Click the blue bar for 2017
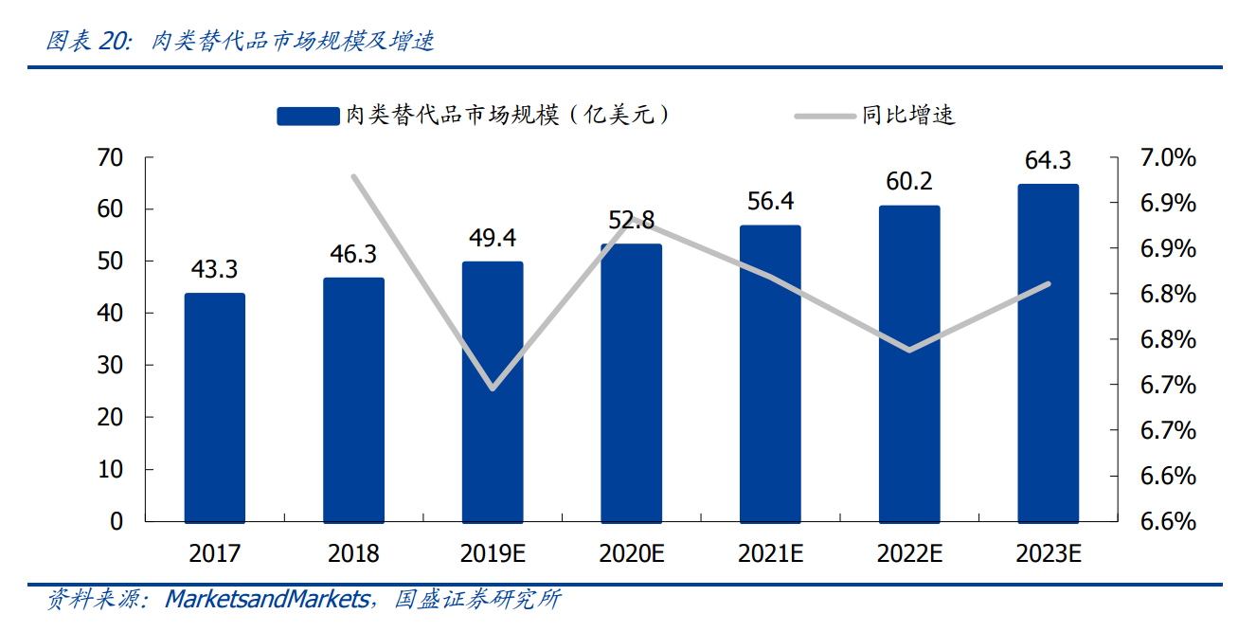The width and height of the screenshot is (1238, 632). (x=215, y=407)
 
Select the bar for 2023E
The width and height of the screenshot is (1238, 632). (x=1048, y=352)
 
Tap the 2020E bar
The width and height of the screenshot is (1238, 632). (x=632, y=383)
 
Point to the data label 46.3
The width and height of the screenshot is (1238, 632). (x=353, y=254)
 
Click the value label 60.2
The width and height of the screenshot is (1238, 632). (x=909, y=181)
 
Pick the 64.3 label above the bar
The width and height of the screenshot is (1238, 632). (x=1048, y=160)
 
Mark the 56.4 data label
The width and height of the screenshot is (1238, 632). (x=770, y=201)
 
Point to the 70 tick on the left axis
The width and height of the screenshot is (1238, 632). (x=111, y=157)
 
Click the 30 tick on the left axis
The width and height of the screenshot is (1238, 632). (x=111, y=365)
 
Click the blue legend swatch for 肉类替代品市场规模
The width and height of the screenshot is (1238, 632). (x=308, y=116)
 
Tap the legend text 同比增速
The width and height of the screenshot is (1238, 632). (x=908, y=116)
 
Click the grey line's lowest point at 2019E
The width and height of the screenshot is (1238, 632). (x=493, y=388)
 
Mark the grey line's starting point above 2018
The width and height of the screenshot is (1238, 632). (x=353, y=176)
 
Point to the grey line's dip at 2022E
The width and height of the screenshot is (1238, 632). (x=909, y=351)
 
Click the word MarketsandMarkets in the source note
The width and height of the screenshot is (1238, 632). (x=267, y=599)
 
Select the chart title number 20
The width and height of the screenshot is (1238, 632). (x=115, y=42)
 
